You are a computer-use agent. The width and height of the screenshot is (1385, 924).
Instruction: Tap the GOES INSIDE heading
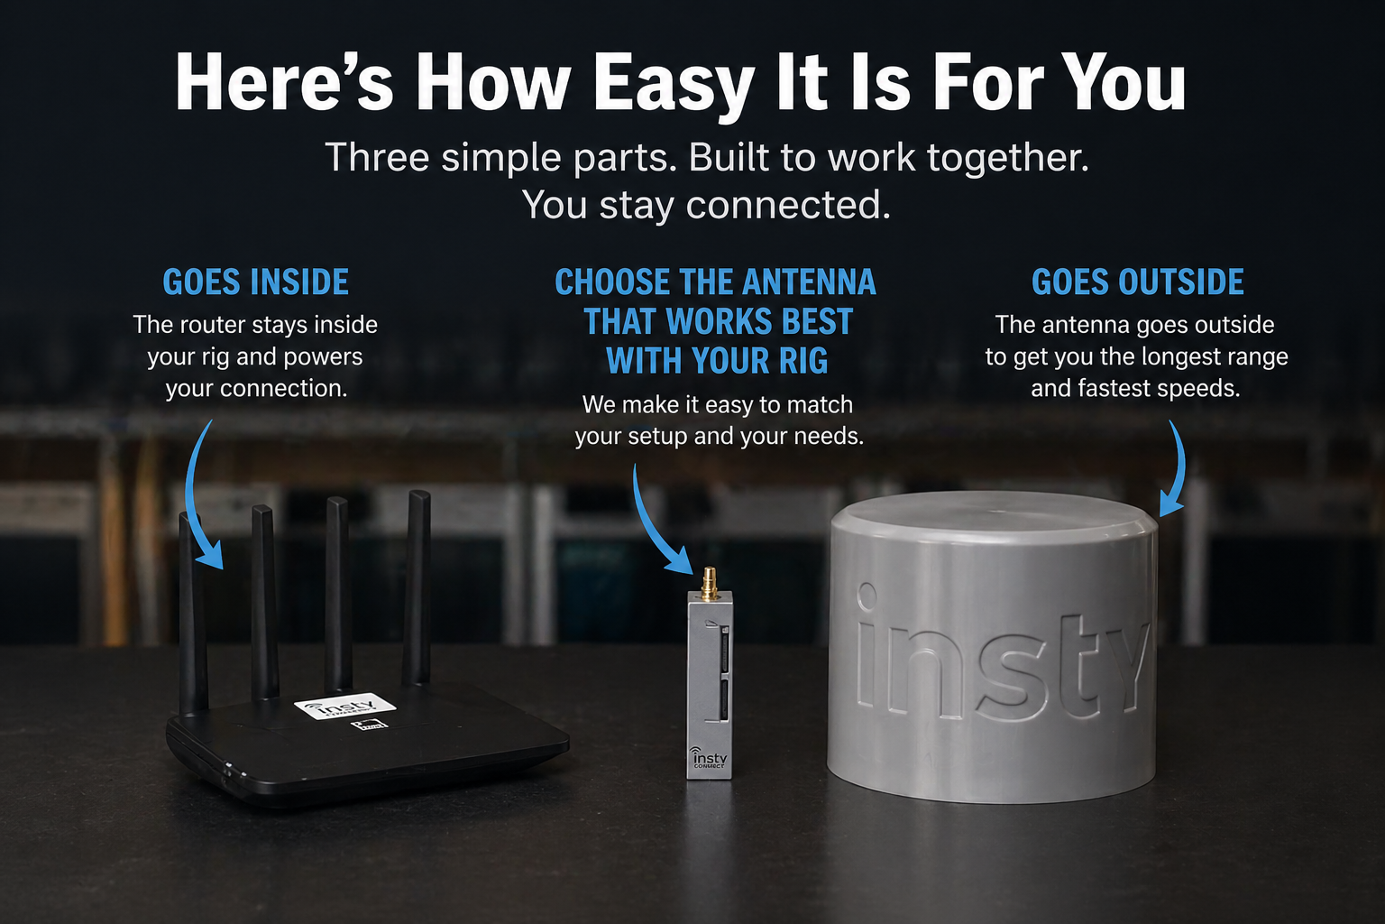click(x=256, y=282)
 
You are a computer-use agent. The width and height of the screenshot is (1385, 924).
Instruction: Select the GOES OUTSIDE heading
click(x=1138, y=282)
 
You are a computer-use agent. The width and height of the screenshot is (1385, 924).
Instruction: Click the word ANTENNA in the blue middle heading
click(x=809, y=282)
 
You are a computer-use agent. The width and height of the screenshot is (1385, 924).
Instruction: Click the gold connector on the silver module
click(x=710, y=584)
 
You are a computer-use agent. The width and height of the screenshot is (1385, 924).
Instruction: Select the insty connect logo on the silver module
click(x=709, y=757)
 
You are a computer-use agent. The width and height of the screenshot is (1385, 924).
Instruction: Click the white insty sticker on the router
click(x=344, y=706)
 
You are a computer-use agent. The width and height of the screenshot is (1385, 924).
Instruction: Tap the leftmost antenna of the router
click(x=192, y=613)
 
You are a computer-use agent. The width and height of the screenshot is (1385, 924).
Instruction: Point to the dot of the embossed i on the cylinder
click(x=867, y=594)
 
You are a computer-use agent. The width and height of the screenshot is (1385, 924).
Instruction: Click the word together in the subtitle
click(x=1008, y=159)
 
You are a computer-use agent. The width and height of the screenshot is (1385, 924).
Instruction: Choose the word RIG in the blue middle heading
click(x=803, y=361)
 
